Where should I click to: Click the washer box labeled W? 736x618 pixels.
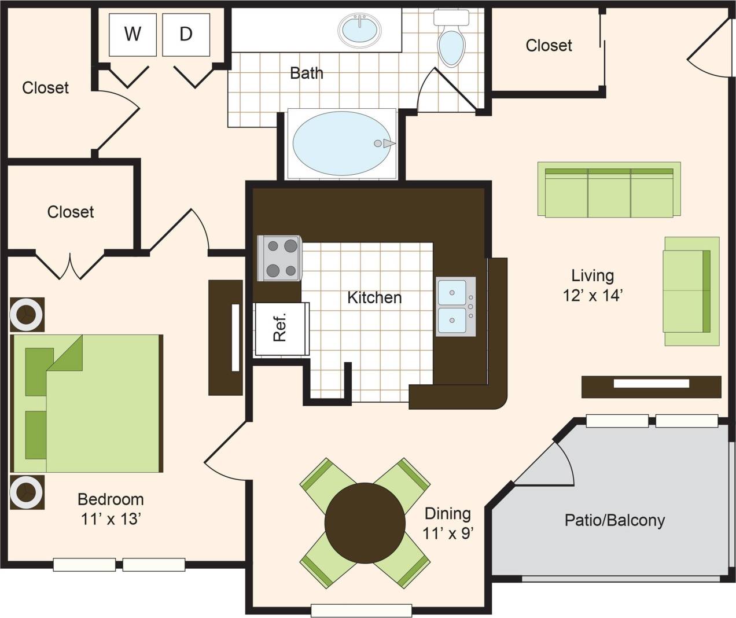point(133,35)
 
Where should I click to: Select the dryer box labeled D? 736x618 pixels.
point(186,35)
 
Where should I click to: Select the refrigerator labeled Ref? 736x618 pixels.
point(281,328)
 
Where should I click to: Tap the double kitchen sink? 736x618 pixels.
point(455,306)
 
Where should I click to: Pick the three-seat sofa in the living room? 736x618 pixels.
point(609,189)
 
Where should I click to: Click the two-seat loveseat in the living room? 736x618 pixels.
point(691,291)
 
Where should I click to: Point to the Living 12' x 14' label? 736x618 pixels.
point(593,285)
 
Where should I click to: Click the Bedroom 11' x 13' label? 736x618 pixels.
point(111,509)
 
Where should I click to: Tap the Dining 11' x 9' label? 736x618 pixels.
point(448,523)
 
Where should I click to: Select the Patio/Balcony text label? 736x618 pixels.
point(614,520)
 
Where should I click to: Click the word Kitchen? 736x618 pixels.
point(374,297)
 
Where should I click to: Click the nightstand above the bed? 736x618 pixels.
point(27,315)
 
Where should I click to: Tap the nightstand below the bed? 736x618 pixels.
point(27,492)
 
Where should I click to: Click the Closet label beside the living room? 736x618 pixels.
point(549,46)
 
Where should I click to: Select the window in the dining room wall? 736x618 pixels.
point(361,610)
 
